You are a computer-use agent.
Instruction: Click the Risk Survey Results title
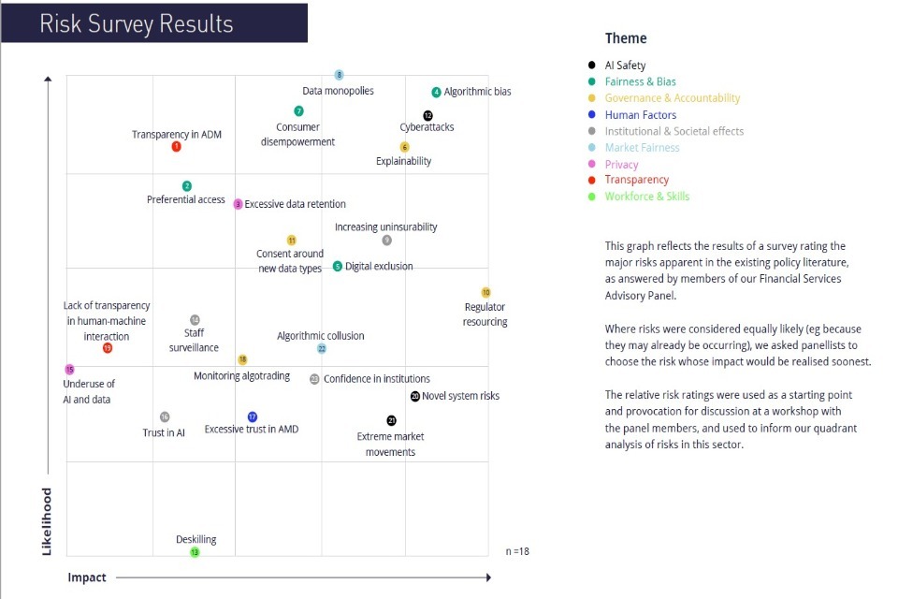click(x=137, y=23)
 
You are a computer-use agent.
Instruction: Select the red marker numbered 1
click(x=177, y=146)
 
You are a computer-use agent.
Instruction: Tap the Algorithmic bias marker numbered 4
click(x=436, y=92)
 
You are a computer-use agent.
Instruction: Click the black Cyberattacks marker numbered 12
click(x=427, y=115)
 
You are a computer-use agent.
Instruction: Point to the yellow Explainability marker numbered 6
click(x=404, y=147)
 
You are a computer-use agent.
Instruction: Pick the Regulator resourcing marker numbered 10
click(x=485, y=293)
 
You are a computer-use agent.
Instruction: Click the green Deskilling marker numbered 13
click(x=195, y=552)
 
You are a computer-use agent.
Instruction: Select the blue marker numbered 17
click(x=252, y=416)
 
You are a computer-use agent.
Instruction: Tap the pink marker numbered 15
click(x=69, y=370)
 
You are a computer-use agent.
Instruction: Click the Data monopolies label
click(x=338, y=91)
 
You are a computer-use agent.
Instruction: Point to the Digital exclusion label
click(x=379, y=267)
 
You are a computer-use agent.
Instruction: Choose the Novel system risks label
click(x=460, y=396)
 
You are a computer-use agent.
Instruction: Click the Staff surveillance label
click(x=194, y=340)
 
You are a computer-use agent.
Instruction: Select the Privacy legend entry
click(x=621, y=164)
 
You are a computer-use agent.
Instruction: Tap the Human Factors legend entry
click(x=640, y=115)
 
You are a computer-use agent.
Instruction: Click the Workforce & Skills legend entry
click(x=646, y=197)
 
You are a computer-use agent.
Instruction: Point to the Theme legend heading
click(x=626, y=38)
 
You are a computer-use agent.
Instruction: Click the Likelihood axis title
click(x=47, y=521)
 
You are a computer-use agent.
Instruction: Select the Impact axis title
click(x=87, y=577)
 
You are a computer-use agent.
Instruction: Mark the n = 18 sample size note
click(x=516, y=551)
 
